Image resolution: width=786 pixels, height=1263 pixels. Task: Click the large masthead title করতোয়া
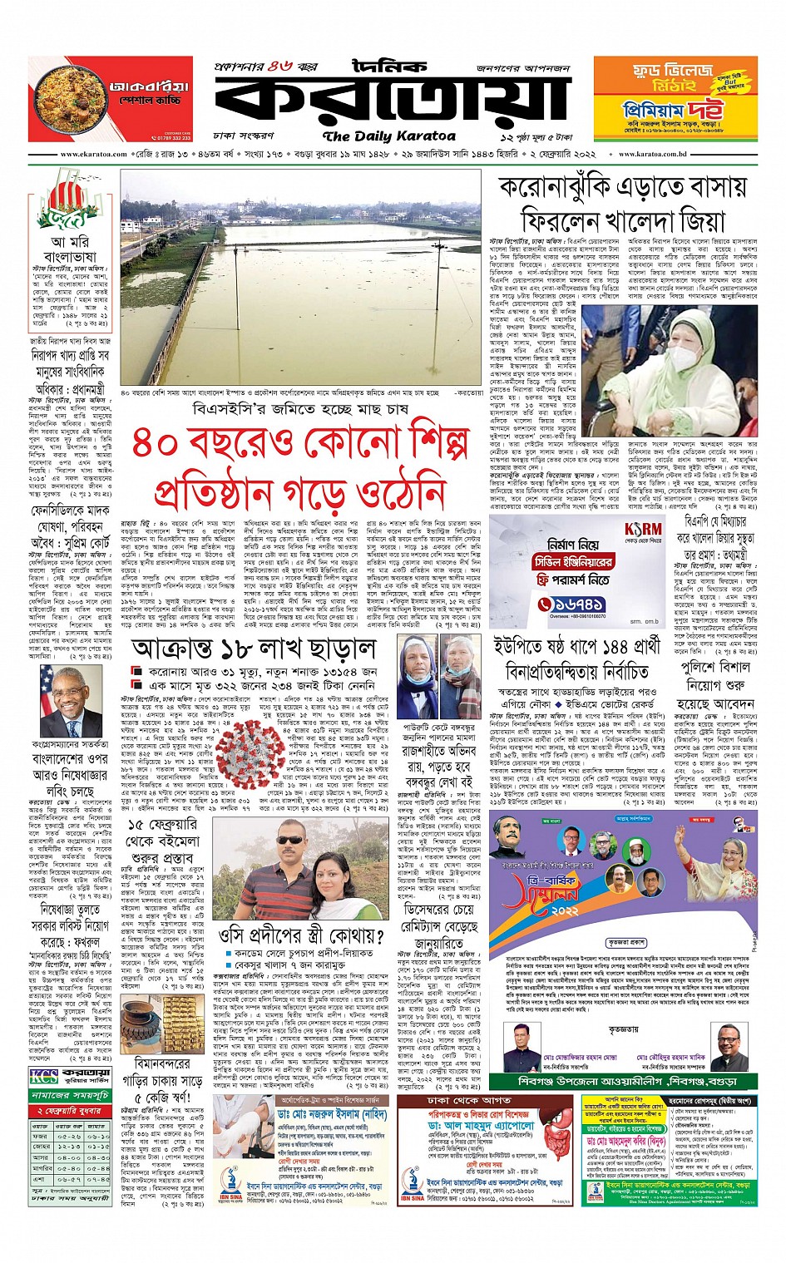(391, 100)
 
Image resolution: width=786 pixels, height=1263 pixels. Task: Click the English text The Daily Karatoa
(389, 136)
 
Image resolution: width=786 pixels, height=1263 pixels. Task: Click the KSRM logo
(641, 530)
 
